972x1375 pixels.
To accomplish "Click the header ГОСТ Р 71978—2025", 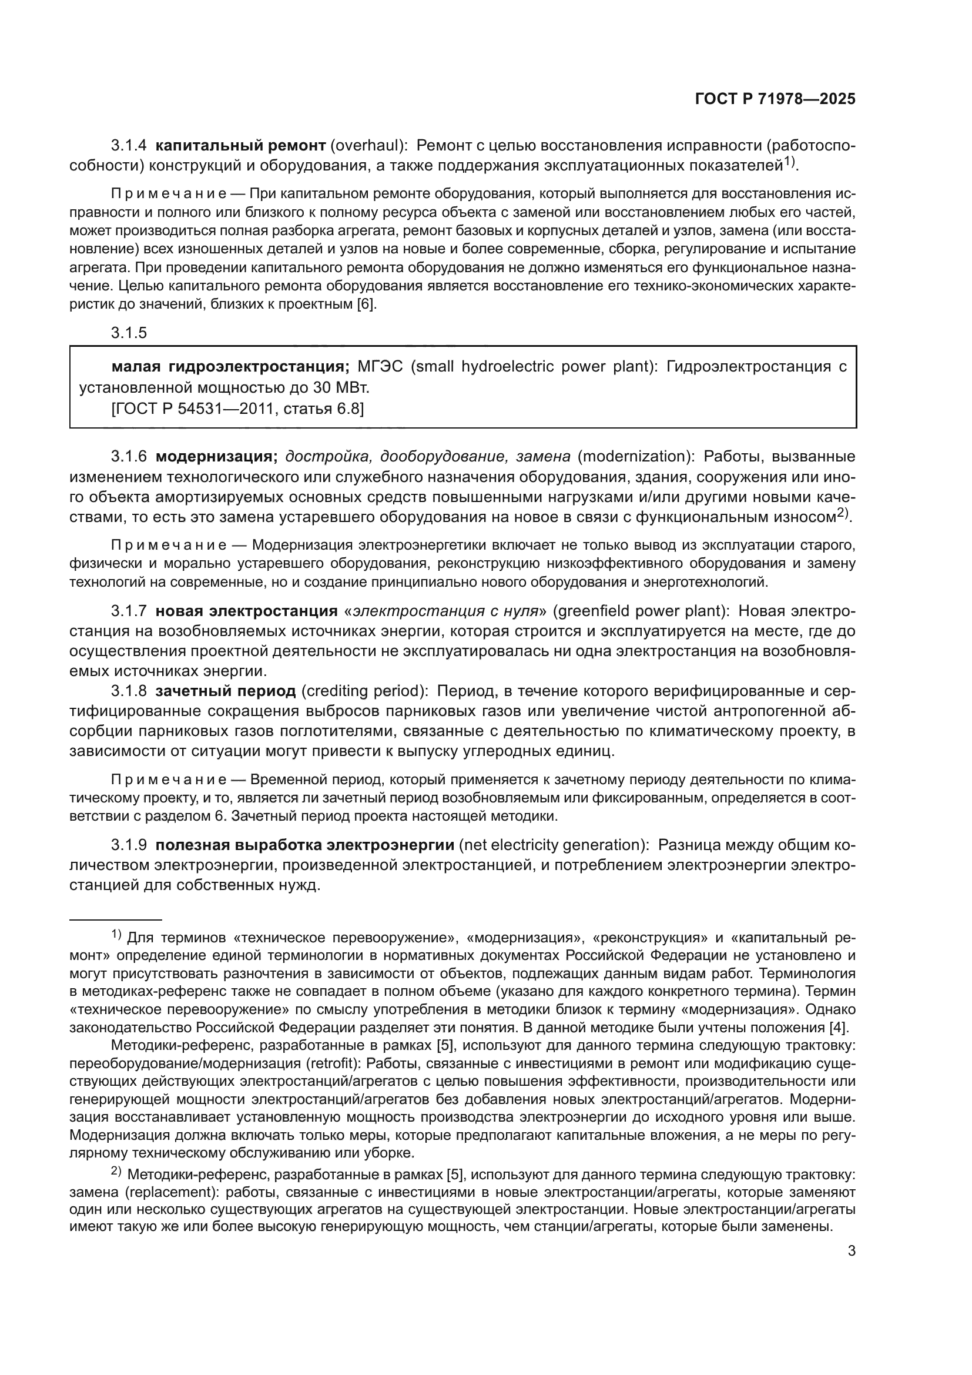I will point(775,99).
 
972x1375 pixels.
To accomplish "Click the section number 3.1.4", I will point(128,146).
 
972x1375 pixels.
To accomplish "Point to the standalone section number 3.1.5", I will point(128,333).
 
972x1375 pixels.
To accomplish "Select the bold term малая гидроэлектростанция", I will point(230,366).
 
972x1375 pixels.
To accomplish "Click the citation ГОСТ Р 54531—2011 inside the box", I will point(195,410).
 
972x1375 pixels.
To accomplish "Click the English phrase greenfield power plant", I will point(640,611).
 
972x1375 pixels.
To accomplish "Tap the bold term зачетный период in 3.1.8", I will point(226,691).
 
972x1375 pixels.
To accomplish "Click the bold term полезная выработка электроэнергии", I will point(305,845).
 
